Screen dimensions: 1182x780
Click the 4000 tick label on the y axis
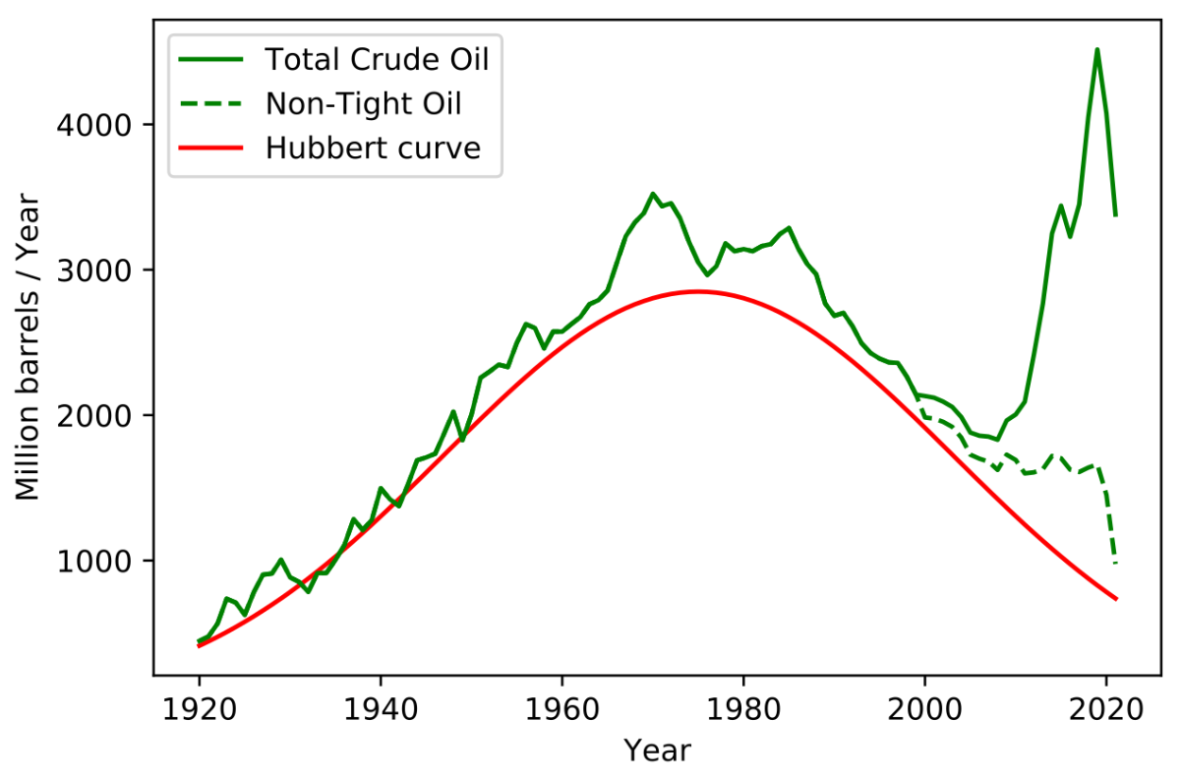[93, 126]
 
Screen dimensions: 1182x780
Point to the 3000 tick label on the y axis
[93, 270]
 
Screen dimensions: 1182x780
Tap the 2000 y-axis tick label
[93, 416]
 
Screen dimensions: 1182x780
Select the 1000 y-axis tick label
[93, 562]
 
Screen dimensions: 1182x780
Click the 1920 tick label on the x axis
[199, 709]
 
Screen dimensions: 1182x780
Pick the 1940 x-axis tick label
[381, 709]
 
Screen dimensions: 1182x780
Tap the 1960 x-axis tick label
[561, 709]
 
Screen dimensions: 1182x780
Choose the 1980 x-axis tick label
[743, 709]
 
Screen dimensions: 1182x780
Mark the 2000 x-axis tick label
[925, 709]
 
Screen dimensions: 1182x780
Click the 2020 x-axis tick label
[1106, 709]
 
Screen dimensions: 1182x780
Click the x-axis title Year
[657, 750]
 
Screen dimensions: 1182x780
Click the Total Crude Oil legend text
[378, 59]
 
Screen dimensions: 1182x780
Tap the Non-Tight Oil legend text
[364, 103]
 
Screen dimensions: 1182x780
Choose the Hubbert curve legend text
[373, 148]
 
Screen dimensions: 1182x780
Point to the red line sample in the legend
[211, 149]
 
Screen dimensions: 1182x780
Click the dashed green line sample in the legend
[211, 104]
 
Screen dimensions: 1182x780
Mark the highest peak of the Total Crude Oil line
[1097, 49]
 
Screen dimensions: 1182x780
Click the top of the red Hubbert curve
[697, 291]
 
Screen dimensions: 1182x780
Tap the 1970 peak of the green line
[653, 194]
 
